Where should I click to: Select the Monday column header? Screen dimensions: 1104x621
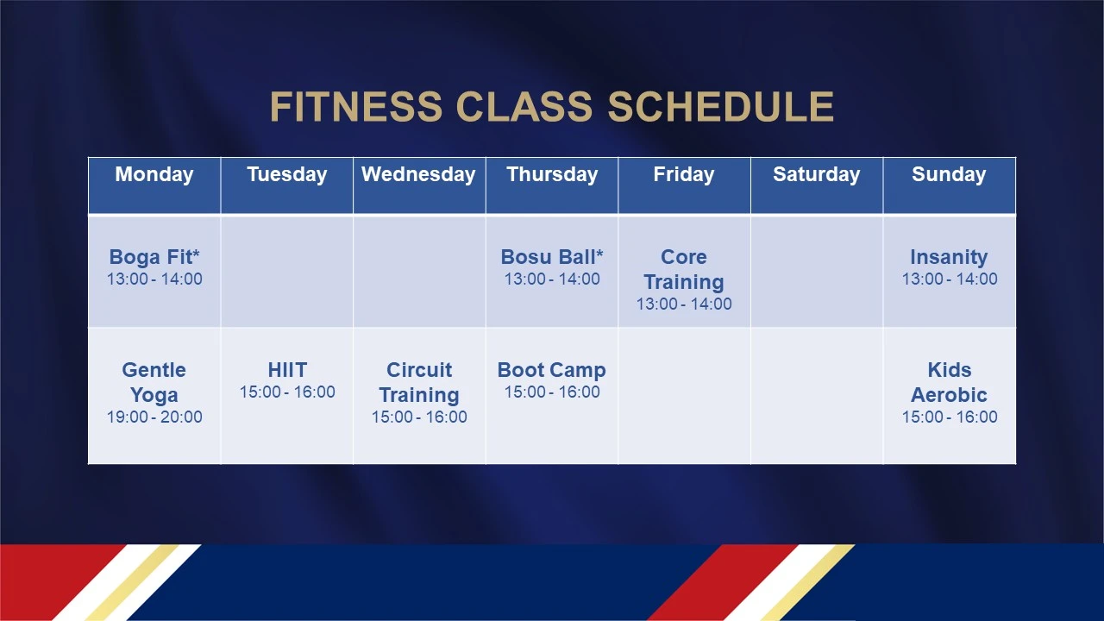click(x=154, y=174)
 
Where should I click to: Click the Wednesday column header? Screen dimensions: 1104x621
click(x=418, y=174)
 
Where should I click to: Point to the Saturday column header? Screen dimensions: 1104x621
click(x=817, y=174)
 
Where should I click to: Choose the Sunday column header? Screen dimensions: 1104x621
click(x=949, y=174)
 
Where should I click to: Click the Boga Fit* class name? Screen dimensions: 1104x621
click(x=154, y=257)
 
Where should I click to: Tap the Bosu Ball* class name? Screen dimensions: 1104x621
click(x=552, y=257)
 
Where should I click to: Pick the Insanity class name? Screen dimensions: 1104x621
click(x=949, y=257)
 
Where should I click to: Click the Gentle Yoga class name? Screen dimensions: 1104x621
click(x=154, y=382)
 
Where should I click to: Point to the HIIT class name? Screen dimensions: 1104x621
click(x=287, y=370)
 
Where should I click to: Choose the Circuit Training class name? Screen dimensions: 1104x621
click(x=419, y=382)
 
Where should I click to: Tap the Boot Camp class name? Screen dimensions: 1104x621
click(x=551, y=370)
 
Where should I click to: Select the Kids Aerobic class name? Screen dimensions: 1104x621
click(x=949, y=382)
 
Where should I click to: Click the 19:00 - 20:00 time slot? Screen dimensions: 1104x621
click(x=154, y=417)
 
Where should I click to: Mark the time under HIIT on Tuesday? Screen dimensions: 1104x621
click(x=287, y=392)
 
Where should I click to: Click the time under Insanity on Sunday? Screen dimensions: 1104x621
click(x=950, y=279)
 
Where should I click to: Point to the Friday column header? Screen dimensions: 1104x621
click(x=684, y=174)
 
